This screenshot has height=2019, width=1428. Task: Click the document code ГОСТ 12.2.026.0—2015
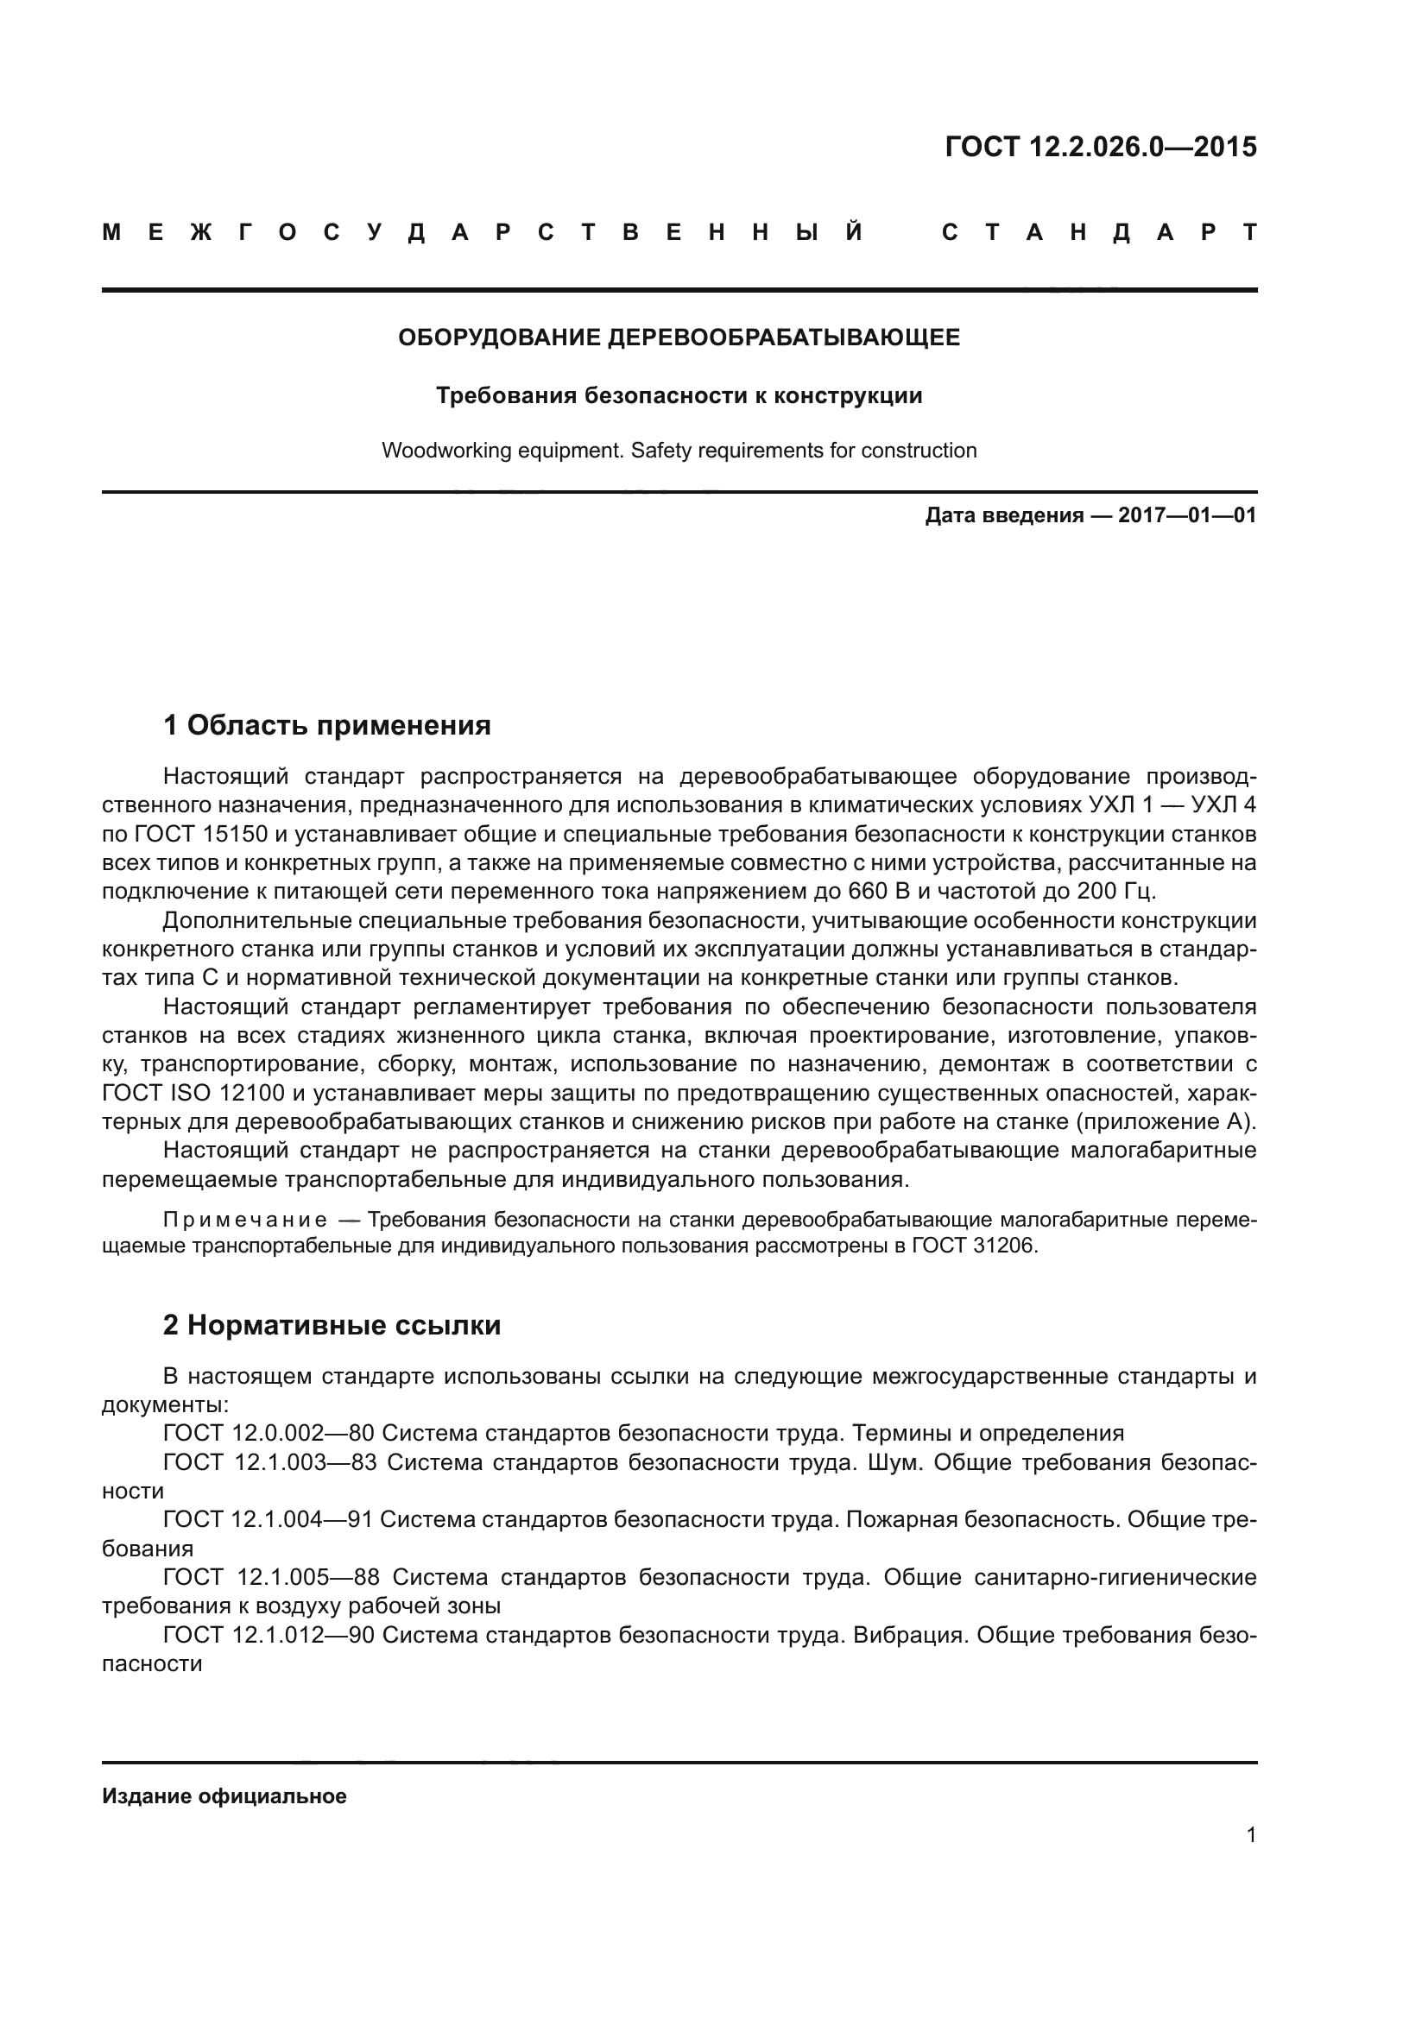point(1100,147)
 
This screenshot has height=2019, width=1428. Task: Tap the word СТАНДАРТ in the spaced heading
point(1098,233)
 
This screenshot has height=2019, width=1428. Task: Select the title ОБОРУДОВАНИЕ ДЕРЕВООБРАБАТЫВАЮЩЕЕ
point(679,338)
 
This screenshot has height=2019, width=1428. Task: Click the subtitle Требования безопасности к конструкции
point(679,395)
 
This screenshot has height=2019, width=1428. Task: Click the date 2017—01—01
point(1187,515)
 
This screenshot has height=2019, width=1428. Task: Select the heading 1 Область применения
point(326,725)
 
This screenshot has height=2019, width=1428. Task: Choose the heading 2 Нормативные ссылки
point(332,1325)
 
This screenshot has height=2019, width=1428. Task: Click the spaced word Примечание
point(245,1221)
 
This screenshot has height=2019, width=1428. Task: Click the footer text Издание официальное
point(224,1796)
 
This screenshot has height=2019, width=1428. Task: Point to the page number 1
point(1250,1835)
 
